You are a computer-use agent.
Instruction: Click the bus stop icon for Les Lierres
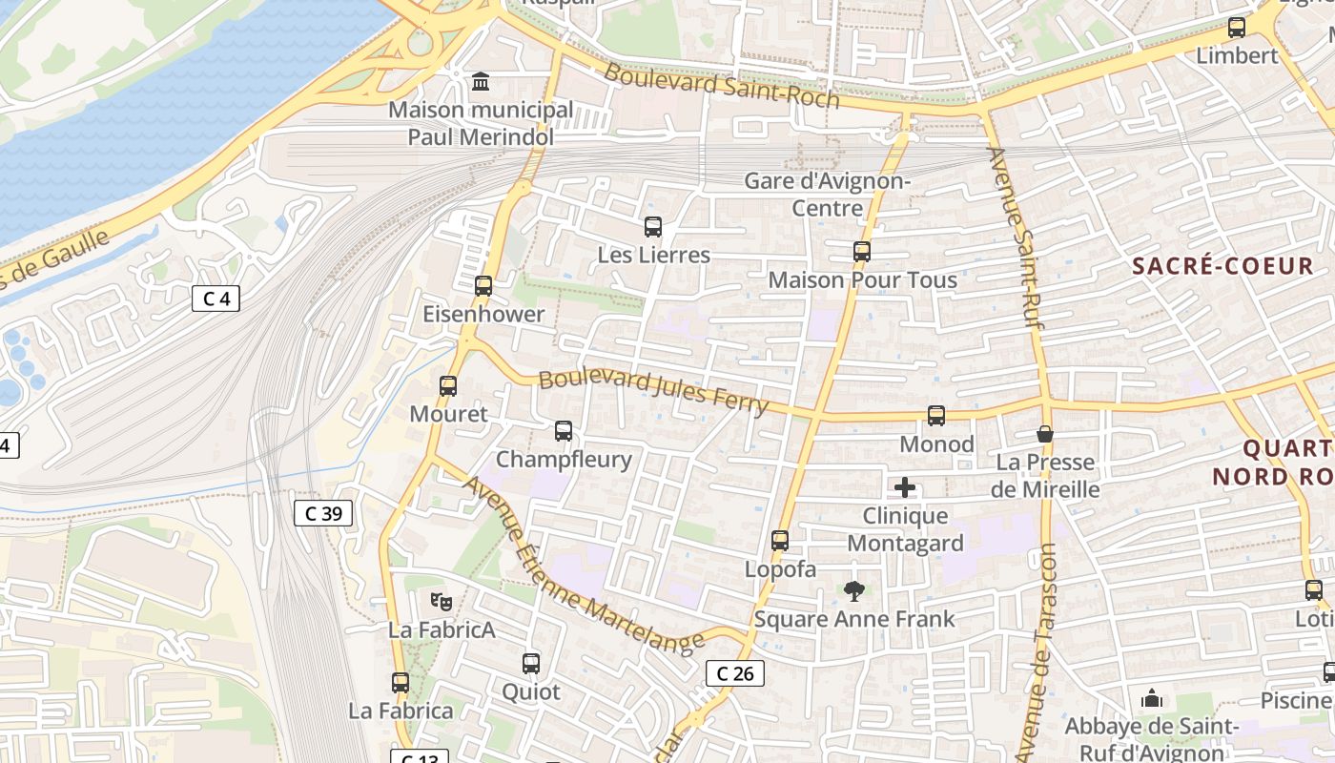pos(653,227)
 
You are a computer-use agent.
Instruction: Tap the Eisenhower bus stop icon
pos(483,285)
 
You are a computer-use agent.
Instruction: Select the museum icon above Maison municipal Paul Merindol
pos(481,82)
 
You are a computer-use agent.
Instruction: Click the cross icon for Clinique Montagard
pos(905,488)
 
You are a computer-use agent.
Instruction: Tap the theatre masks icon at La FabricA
pos(441,602)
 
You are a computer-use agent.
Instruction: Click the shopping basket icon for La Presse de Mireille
pos(1045,434)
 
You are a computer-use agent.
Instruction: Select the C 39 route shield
pos(323,514)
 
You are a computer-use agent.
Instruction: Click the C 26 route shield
pos(735,673)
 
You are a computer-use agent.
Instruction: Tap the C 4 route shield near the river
pos(216,299)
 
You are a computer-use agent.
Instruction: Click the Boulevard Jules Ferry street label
pos(653,392)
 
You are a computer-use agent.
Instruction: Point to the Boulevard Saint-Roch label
pos(722,86)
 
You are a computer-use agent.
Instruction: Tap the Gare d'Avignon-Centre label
pos(828,194)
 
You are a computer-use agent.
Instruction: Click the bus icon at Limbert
pos(1237,28)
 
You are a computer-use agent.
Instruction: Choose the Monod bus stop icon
pos(936,416)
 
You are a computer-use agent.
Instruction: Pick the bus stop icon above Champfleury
pos(564,431)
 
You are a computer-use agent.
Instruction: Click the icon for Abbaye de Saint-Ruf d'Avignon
pos(1152,699)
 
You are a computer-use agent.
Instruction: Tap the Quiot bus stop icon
pos(531,664)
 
